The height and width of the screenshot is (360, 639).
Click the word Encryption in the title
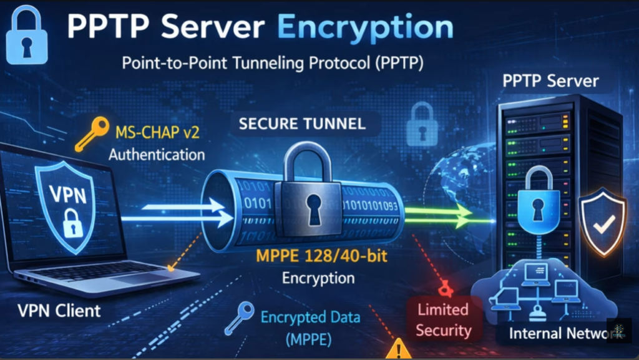365,27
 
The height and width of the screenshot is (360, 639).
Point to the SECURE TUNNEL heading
303,124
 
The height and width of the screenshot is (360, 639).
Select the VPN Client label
59,310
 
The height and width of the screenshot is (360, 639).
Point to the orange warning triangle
398,349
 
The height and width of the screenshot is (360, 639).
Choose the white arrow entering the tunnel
187,212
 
